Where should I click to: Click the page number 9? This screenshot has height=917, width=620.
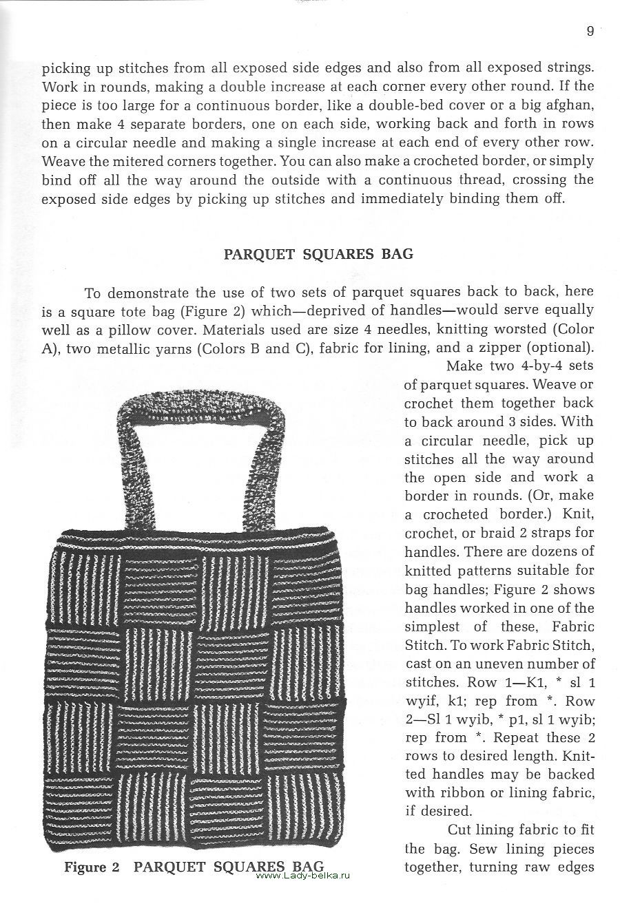coord(590,31)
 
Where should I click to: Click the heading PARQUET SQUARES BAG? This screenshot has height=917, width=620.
coord(319,254)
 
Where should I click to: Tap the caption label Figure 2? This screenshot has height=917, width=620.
coord(92,867)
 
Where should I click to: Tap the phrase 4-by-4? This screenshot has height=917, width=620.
coord(528,366)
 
